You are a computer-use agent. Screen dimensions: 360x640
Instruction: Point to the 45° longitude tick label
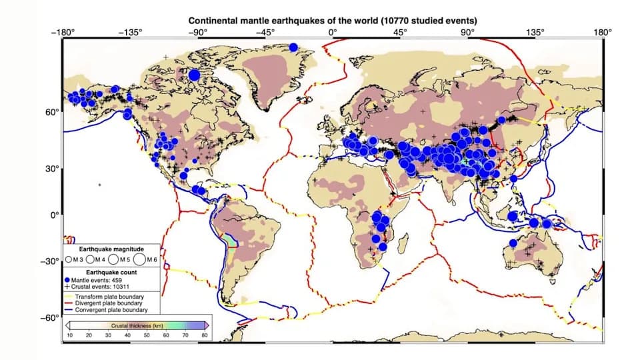point(401,33)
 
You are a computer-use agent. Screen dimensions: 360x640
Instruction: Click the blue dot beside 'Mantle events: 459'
point(68,280)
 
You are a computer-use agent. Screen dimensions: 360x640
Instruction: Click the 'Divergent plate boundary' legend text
point(109,303)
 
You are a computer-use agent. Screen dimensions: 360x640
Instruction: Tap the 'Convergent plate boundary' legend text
point(111,310)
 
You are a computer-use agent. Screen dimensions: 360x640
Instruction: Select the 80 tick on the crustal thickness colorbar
point(204,335)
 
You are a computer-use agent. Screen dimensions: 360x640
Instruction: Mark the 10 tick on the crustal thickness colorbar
point(69,335)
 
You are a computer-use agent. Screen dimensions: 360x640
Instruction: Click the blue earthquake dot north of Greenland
point(293,47)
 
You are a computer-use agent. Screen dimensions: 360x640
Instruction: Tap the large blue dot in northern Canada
point(194,75)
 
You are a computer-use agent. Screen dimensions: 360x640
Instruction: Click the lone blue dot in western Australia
point(513,243)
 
